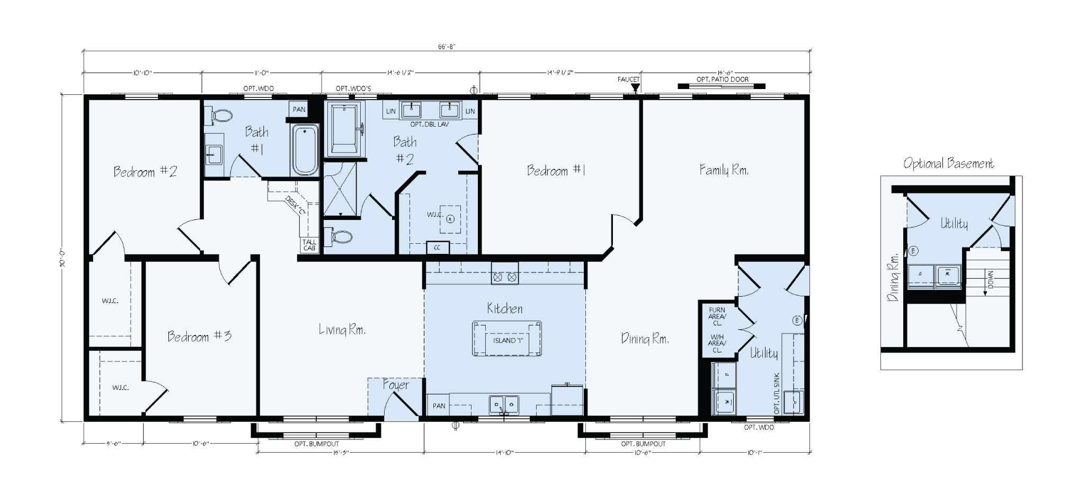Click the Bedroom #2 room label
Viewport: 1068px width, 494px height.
pos(145,172)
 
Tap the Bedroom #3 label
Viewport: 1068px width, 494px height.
pos(199,336)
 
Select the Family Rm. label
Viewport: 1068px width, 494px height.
pos(724,170)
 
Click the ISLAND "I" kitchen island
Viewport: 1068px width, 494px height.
pos(508,340)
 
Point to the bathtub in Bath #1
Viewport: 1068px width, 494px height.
pos(305,150)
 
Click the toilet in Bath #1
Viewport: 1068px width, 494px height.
pos(221,116)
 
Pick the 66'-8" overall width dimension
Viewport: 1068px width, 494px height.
pos(447,46)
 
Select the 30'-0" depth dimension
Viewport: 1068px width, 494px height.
pos(62,258)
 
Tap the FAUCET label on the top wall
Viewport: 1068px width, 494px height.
pos(628,80)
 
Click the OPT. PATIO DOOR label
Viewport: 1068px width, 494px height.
pos(722,80)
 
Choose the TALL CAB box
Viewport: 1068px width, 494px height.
pos(309,245)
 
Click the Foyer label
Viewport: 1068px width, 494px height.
pos(396,385)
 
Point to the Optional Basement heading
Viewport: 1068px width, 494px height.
pos(948,163)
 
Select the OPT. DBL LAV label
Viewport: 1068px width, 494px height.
pos(430,124)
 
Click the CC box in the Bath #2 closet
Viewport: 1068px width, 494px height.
pos(438,248)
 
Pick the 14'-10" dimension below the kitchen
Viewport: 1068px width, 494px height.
pos(504,453)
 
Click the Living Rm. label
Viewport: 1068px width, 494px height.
pos(342,329)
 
